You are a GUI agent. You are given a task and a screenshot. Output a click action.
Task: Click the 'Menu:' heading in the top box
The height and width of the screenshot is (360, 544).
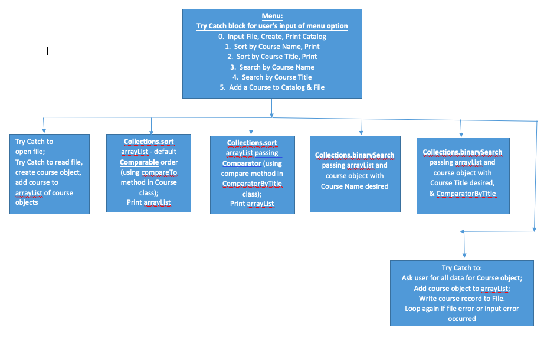point(272,16)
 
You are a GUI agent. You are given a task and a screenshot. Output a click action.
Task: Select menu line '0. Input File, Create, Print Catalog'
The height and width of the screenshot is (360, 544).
point(272,37)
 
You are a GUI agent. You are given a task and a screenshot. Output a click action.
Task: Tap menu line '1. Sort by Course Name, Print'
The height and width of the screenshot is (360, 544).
point(272,47)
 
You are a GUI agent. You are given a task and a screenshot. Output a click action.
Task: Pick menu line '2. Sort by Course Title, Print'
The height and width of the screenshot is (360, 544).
point(272,57)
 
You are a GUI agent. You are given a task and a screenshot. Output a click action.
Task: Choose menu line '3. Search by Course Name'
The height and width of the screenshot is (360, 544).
point(272,67)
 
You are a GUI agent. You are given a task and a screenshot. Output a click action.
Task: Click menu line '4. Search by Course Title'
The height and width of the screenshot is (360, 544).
point(272,77)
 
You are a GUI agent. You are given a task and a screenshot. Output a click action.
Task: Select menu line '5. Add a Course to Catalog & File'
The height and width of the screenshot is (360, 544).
point(272,87)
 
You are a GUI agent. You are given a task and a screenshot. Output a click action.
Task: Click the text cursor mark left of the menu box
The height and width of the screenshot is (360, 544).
point(47,52)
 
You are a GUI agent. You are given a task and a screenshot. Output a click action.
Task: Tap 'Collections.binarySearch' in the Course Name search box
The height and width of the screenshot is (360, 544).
point(355,155)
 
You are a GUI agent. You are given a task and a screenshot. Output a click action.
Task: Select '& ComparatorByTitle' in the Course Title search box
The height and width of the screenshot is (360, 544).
point(463,194)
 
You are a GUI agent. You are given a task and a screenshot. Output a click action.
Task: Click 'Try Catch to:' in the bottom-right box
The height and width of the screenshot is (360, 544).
point(462,268)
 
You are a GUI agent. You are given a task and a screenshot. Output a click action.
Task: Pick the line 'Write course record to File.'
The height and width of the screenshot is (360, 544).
point(462,299)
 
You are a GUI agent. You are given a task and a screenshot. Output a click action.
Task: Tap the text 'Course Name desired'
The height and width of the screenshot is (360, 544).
point(355,186)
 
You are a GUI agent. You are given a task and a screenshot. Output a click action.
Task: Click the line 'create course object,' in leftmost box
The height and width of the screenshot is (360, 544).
point(48,172)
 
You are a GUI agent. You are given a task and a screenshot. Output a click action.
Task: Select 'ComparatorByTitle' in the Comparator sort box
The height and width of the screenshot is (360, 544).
point(252,184)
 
